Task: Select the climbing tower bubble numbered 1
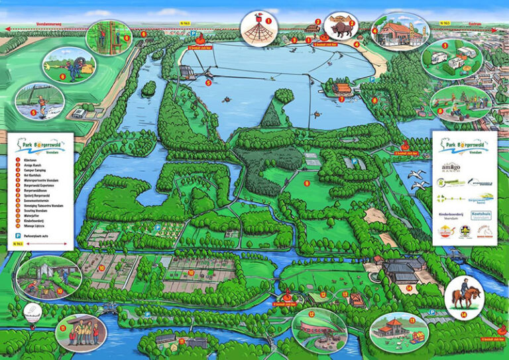point(258,28)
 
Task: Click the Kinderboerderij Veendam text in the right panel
point(451,217)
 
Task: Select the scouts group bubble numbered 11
point(82,331)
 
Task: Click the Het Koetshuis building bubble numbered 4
point(400,32)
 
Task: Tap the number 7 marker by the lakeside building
point(341,99)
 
